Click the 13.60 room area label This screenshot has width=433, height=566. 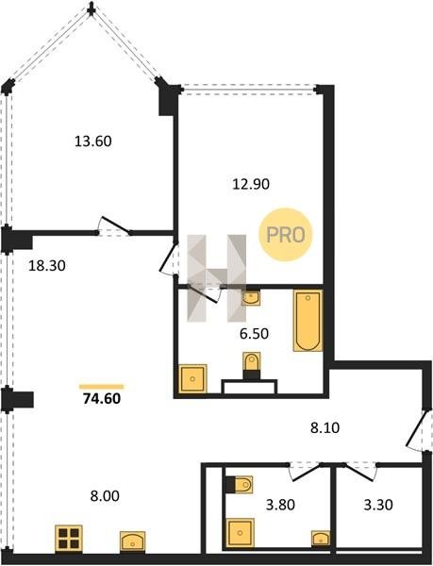(93, 141)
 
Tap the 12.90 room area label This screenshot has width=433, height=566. (251, 184)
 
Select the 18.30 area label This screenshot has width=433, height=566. (47, 266)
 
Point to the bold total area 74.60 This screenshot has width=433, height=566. (102, 398)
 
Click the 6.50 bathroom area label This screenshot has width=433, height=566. (254, 334)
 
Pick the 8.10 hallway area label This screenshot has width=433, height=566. (325, 427)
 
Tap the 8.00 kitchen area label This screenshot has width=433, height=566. (105, 496)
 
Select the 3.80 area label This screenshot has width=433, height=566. (280, 505)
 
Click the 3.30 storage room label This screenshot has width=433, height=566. (378, 505)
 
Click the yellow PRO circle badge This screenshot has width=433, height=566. (286, 235)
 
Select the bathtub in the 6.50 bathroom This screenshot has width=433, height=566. (308, 321)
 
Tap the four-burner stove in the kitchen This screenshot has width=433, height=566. (69, 539)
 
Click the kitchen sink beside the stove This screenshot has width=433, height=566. (132, 541)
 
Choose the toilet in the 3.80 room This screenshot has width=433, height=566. (239, 485)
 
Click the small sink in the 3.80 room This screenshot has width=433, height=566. (321, 539)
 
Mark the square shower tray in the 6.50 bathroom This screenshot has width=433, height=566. (192, 378)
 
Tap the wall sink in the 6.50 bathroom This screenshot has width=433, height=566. (251, 298)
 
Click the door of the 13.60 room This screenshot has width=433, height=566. (115, 225)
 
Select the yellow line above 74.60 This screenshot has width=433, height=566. (101, 387)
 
